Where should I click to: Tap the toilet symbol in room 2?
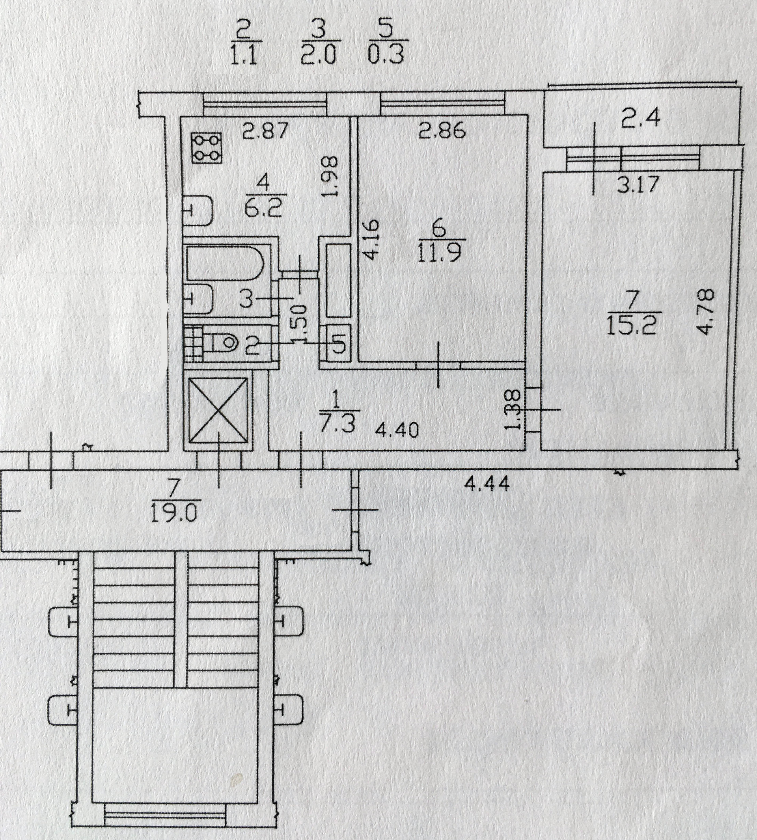point(225,343)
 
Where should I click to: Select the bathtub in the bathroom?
point(225,262)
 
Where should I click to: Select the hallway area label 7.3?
point(337,424)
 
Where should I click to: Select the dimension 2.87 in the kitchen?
point(267,130)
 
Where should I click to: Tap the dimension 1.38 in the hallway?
point(515,410)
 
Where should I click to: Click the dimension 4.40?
point(397,430)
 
